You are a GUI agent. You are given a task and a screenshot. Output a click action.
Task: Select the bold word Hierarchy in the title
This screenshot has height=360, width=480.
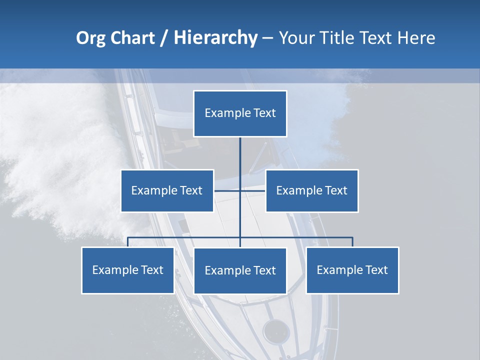pos(215,38)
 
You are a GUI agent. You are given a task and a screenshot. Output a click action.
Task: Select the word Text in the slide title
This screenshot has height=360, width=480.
pos(377,38)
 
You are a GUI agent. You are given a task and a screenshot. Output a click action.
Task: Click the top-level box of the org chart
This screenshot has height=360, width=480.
pos(240,113)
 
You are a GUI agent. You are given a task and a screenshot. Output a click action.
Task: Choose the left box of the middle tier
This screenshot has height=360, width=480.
pos(167,190)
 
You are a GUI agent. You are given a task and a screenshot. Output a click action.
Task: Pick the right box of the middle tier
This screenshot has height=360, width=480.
pos(312,190)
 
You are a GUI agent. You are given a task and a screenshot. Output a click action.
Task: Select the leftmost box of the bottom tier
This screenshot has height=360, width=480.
pos(127,270)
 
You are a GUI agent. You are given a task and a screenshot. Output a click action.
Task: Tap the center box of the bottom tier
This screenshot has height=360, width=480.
pos(240,270)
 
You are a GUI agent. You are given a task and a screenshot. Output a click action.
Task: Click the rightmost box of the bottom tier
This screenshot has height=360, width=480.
pos(352,270)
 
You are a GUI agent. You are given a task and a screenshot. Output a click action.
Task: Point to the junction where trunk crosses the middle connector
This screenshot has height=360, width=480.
pos(240,190)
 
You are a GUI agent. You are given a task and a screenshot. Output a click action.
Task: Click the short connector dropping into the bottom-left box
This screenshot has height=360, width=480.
pos(128,242)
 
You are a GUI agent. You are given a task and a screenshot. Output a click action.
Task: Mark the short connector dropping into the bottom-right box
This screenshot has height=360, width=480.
pos(352,242)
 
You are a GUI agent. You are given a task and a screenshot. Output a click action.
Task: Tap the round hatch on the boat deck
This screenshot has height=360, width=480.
pos(276,330)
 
